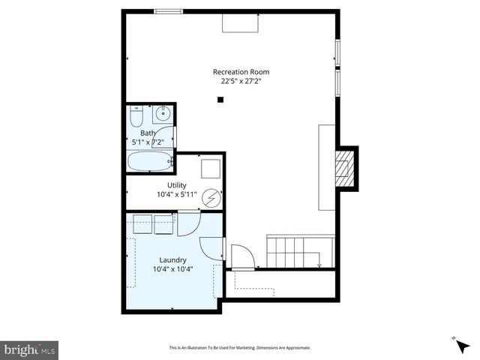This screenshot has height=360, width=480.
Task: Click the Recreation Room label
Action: coord(240,72)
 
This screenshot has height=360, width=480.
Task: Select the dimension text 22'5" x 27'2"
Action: coord(240,81)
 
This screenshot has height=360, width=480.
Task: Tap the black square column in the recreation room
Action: coord(220,100)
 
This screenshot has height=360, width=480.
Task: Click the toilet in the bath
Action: coord(136,116)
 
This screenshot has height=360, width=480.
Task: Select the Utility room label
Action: coord(177,185)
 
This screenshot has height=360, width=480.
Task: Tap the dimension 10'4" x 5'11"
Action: coord(177,195)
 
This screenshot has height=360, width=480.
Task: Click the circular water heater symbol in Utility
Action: coord(211,198)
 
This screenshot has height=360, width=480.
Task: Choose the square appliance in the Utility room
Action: coord(210,167)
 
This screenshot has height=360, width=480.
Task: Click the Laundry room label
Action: coord(172,260)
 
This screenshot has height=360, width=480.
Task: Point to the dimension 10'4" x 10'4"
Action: coord(172,269)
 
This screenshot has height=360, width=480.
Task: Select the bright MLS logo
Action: coord(30,349)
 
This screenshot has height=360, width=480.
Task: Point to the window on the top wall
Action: coord(168,11)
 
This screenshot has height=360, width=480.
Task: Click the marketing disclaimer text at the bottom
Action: coord(240,348)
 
